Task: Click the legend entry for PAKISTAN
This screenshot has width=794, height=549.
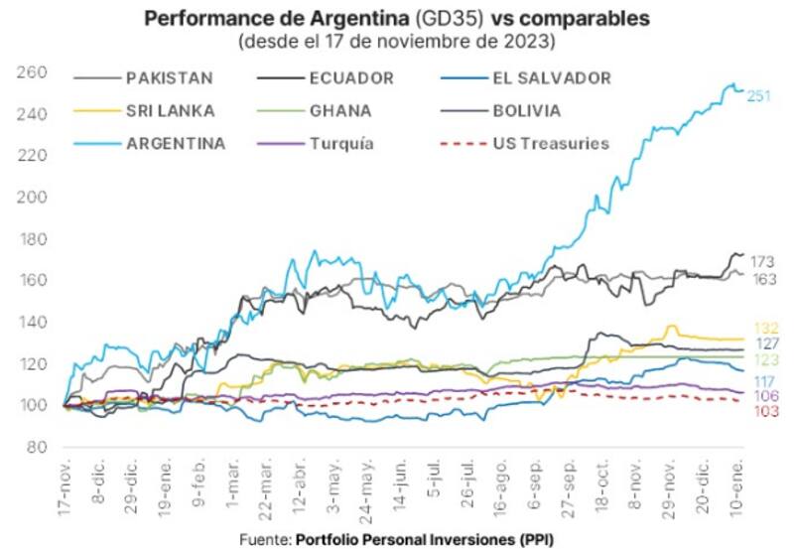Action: coord(169,78)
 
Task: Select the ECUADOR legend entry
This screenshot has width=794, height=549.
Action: coord(352,78)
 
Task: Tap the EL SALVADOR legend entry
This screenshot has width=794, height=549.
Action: coord(551,78)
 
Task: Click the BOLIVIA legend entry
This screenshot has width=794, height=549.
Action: coord(527,110)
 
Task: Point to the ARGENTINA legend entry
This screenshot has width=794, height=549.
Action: coord(175,143)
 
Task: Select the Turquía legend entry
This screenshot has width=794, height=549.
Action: coord(342,143)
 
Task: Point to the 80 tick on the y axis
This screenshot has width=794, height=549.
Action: coord(38,448)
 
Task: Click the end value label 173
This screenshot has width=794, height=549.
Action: coord(763,260)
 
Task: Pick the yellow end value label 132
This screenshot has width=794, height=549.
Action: coord(765,329)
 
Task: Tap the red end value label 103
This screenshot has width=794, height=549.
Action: coord(765,410)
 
